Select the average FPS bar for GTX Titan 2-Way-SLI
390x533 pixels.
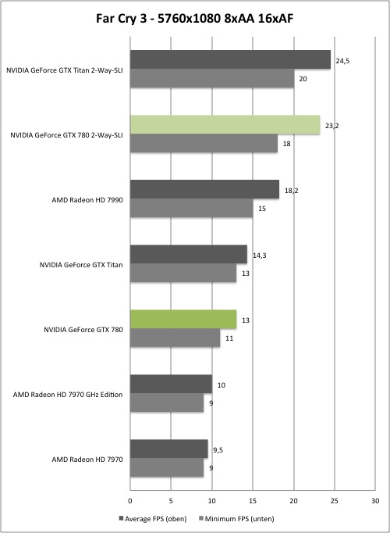pyautogui.click(x=230, y=60)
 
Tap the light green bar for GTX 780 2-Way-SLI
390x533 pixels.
pyautogui.click(x=225, y=125)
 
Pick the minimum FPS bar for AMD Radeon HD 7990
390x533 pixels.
pyautogui.click(x=192, y=208)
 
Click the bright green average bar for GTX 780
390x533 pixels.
pyautogui.click(x=183, y=319)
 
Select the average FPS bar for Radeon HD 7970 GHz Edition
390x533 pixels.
pyautogui.click(x=172, y=384)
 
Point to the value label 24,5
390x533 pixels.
pyautogui.click(x=342, y=61)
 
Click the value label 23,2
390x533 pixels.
pyautogui.click(x=332, y=126)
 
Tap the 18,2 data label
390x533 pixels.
pyautogui.click(x=291, y=191)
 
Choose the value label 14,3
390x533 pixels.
pyautogui.click(x=260, y=256)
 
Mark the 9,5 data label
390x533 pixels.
pyautogui.click(x=218, y=450)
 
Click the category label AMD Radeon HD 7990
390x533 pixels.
pyautogui.click(x=87, y=200)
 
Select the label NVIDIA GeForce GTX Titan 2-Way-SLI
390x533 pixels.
pyautogui.click(x=65, y=70)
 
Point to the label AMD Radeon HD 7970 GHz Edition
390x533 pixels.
pyautogui.click(x=68, y=395)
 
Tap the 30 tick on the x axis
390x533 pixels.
pyautogui.click(x=375, y=501)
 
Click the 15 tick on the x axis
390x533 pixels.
pyautogui.click(x=253, y=501)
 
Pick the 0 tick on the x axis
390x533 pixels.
pyautogui.click(x=130, y=501)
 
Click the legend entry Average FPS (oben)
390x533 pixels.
pyautogui.click(x=153, y=519)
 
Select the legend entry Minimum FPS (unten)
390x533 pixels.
pyautogui.click(x=236, y=519)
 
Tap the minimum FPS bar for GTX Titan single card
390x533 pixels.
pyautogui.click(x=183, y=273)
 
